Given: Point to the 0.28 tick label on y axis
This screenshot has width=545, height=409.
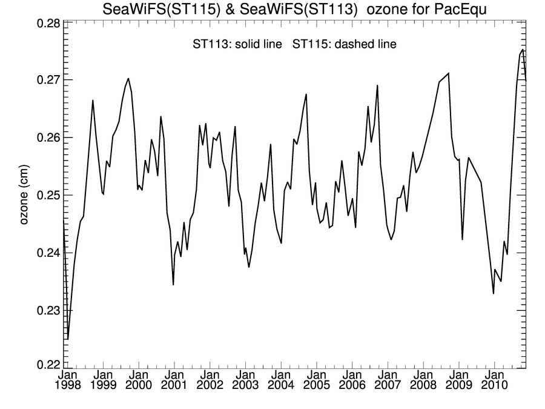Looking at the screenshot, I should tap(47, 24).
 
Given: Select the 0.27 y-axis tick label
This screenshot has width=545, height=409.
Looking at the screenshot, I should tap(47, 80).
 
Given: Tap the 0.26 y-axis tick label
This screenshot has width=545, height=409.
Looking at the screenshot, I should tap(47, 138).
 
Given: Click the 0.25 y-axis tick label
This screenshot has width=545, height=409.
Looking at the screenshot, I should tap(47, 195).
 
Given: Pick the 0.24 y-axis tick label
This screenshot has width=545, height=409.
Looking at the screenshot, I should tap(47, 253).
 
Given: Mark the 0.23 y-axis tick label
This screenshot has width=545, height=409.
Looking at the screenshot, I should tap(47, 310).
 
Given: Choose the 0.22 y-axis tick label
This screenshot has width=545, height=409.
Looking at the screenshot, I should tap(47, 365).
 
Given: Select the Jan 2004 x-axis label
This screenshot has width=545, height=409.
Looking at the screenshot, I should tap(280, 381).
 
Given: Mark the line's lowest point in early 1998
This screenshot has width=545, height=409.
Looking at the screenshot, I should tap(68, 339).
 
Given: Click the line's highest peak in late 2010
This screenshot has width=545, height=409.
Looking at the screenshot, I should tap(523, 50).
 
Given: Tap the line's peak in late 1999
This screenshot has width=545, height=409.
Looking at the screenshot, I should tap(128, 78).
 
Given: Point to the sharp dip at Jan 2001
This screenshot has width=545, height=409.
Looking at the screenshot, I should tap(173, 285).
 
